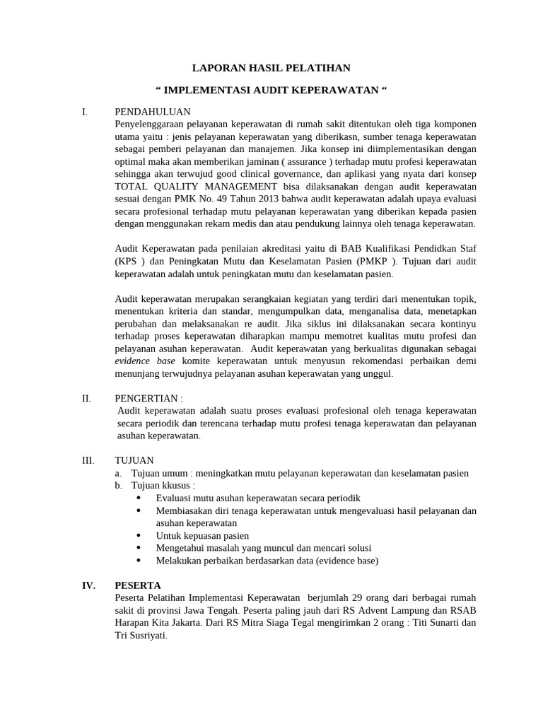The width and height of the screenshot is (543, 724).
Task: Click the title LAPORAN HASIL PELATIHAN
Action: tap(271, 68)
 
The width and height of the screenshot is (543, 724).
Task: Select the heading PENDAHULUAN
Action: tap(152, 112)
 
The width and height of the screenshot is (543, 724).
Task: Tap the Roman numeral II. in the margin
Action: tap(86, 398)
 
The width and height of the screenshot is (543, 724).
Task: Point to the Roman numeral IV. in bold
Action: tap(88, 585)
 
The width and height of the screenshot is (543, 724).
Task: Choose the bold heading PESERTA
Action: tap(138, 585)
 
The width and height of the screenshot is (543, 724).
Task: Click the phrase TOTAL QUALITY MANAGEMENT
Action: tap(197, 187)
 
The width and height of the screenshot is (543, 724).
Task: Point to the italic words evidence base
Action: tap(146, 361)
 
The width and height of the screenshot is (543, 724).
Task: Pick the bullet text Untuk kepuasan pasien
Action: tap(202, 535)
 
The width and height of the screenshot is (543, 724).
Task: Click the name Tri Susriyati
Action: tap(141, 635)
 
